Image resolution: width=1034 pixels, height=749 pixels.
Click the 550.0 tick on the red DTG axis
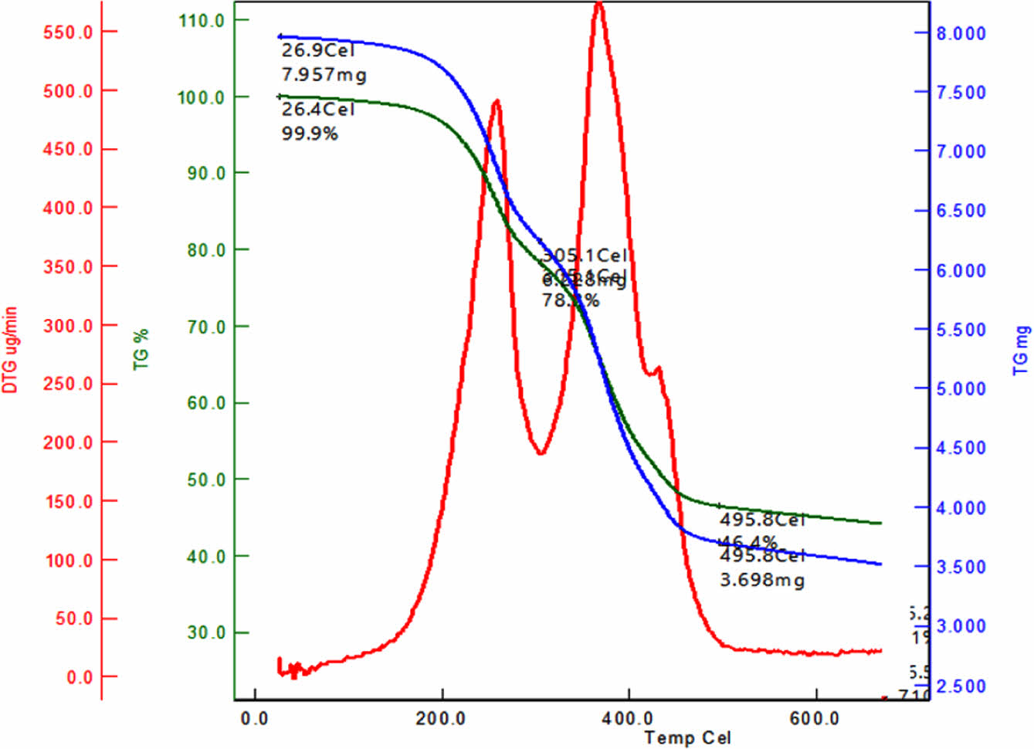(x=68, y=32)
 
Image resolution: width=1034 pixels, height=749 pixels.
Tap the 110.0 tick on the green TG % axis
(x=202, y=21)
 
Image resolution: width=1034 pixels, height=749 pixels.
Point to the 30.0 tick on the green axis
(x=206, y=633)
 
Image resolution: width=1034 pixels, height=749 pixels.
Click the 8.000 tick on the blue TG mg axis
(x=961, y=34)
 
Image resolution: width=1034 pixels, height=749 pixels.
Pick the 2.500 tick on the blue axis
(x=961, y=686)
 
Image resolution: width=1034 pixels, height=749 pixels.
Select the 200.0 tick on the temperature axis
(x=441, y=719)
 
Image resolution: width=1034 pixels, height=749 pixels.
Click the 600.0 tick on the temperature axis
(x=814, y=719)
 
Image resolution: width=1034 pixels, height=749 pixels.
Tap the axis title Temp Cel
(x=687, y=738)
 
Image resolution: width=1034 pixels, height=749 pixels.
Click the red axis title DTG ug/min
(x=10, y=350)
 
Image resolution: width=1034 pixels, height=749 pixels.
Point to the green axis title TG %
(x=141, y=349)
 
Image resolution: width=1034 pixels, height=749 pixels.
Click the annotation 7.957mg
(x=324, y=75)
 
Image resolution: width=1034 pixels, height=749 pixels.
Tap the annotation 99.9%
(x=309, y=134)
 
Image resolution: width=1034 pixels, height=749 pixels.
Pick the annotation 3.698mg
(x=762, y=580)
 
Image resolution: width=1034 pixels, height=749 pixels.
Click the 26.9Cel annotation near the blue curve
(x=317, y=50)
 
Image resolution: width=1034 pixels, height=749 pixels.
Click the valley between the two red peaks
(x=541, y=452)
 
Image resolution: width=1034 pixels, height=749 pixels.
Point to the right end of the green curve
(x=880, y=523)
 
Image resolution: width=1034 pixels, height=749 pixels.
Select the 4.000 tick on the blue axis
(x=961, y=508)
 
